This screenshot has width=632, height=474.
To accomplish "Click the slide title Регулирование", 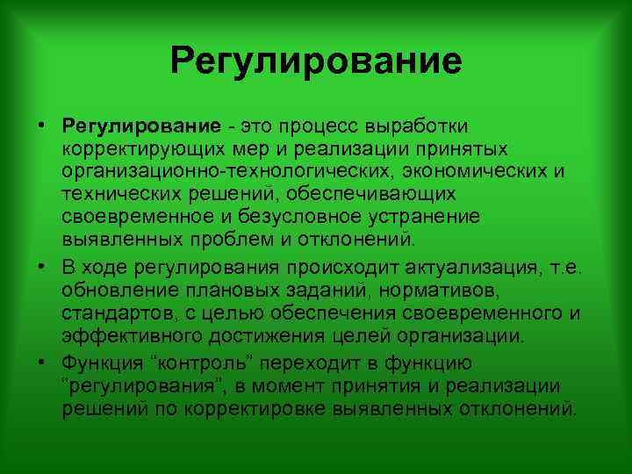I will coord(316,61).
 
